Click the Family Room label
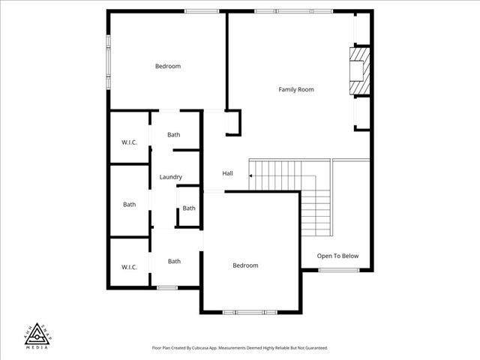pos(296,90)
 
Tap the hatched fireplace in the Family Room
pos(361,72)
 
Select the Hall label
pos(227,174)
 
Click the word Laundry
pos(171,177)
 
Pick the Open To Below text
pos(337,256)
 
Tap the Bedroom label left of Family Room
pos(168,67)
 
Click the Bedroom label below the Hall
pos(245,265)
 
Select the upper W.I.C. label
pos(129,142)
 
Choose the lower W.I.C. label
pos(129,267)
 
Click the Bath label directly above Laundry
pos(174,135)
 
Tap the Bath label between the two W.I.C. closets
pos(130,204)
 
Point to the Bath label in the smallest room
pos(189,208)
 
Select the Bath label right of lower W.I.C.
pos(174,262)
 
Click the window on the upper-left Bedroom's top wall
pos(202,10)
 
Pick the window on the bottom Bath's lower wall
pos(167,288)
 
